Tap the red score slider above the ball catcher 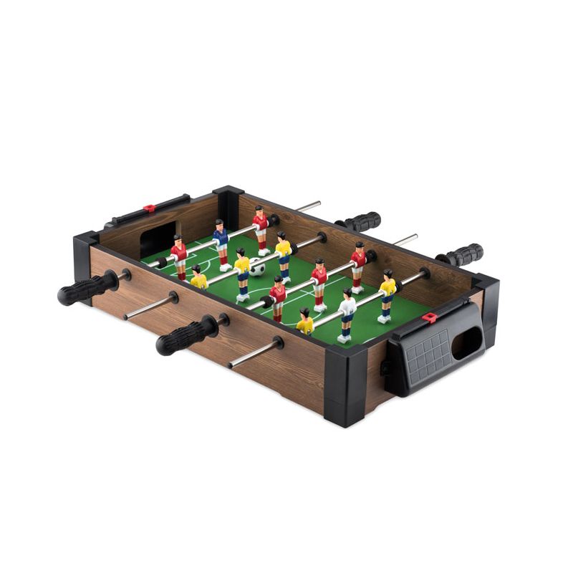(430, 317)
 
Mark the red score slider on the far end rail (149, 208)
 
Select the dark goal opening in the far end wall (160, 239)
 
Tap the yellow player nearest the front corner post (305, 324)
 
